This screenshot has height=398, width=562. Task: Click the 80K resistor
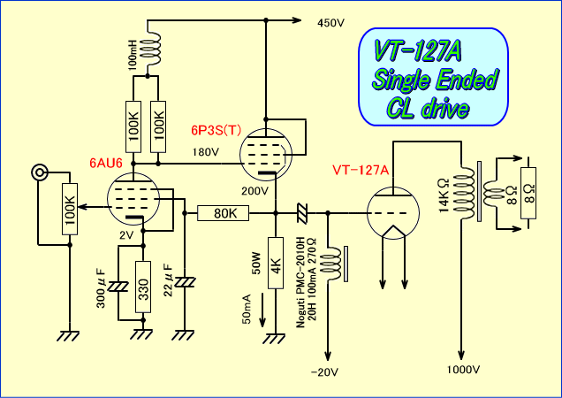pos(224,213)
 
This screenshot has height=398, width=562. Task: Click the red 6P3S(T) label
pos(216,130)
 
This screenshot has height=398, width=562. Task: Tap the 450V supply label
pos(330,23)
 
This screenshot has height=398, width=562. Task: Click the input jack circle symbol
pos(38,172)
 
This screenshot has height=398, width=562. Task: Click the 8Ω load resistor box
pos(528,194)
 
